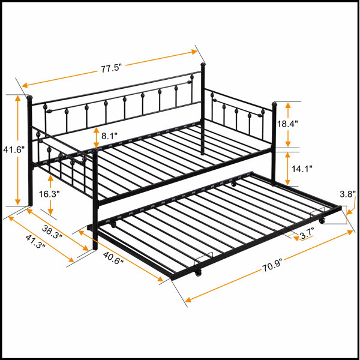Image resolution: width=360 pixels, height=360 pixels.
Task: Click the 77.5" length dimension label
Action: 110,68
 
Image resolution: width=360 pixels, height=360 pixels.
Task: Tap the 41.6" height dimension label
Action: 14,150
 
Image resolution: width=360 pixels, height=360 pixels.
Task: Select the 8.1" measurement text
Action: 109,136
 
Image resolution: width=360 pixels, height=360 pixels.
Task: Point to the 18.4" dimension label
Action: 287,124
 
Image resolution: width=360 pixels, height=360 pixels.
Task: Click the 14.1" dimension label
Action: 302,169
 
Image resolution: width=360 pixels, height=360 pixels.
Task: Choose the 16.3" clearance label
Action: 49,194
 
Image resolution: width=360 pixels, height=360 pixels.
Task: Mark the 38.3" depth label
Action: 52,232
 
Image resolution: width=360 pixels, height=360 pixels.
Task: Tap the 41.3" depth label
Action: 35,242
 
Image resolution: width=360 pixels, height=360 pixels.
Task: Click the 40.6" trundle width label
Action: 113,258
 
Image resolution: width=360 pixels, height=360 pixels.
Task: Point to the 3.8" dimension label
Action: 347,194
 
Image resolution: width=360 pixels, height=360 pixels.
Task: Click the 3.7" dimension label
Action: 307,235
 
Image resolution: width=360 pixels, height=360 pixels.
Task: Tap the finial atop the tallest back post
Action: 203,65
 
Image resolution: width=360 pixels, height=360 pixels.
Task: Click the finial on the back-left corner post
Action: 29,97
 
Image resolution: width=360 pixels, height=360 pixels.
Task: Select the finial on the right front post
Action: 274,104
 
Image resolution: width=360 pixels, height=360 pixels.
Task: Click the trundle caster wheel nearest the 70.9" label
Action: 198,273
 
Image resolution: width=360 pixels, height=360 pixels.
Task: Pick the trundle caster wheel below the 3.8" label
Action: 322,221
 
